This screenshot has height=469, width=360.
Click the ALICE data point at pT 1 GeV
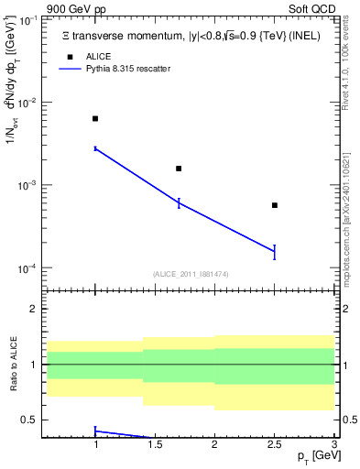[x=95, y=119]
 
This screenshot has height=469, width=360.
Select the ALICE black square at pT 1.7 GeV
[x=179, y=169]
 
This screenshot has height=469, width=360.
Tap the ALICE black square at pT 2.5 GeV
[x=275, y=205]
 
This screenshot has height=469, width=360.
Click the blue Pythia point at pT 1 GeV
[x=95, y=148]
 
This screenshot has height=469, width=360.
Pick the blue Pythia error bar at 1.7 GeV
[x=179, y=202]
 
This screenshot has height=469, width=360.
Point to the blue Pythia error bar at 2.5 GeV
[x=275, y=252]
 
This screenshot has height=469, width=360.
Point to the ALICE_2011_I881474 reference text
[x=191, y=274]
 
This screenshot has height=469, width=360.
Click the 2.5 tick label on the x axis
[x=275, y=446]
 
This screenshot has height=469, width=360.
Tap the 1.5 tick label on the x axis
[x=155, y=446]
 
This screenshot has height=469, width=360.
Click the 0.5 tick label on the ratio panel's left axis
[x=32, y=420]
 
